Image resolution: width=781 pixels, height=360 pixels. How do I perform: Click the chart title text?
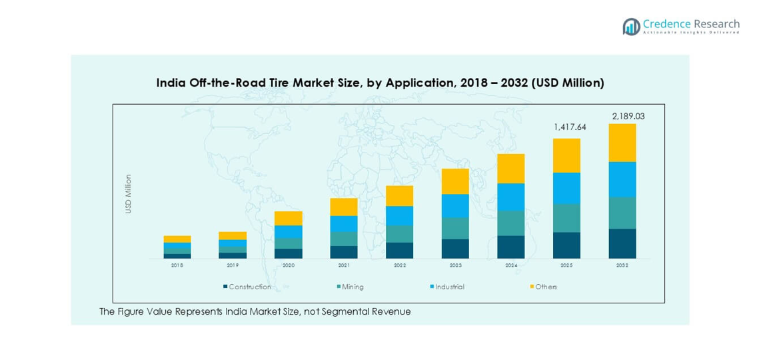(380, 83)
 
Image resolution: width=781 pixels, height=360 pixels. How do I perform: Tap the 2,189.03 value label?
(628, 116)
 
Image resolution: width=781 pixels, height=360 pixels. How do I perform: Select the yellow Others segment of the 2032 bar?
(622, 143)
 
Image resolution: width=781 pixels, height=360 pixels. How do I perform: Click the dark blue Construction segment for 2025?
(566, 245)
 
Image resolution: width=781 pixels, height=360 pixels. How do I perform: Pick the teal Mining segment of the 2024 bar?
(511, 223)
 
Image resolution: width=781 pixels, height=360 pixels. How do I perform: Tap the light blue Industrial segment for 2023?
(455, 205)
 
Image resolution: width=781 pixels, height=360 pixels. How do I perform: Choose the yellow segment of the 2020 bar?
(289, 218)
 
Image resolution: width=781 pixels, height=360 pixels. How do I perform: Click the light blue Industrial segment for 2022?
(400, 215)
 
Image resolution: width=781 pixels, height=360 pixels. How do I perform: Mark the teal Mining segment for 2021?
(344, 239)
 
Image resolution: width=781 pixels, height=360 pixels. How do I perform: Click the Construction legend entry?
(247, 287)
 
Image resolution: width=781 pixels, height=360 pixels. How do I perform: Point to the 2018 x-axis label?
(177, 265)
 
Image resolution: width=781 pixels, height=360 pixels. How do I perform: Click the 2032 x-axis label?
(622, 265)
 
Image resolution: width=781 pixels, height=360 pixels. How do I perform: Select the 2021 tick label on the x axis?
(344, 265)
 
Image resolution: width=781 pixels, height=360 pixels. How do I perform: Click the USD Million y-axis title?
(128, 194)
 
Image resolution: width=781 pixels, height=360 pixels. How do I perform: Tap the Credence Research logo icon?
(631, 27)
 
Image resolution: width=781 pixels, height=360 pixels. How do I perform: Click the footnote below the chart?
(255, 311)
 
